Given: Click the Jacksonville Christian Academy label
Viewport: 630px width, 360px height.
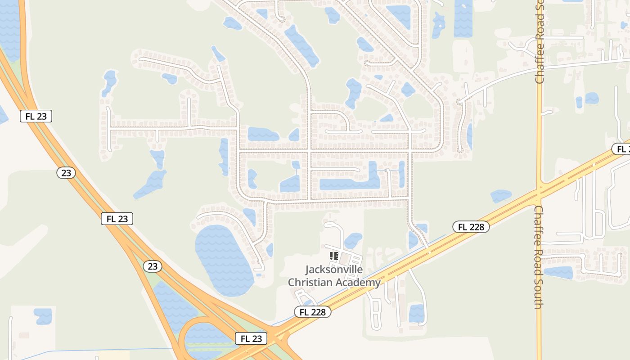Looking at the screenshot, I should point(334,276).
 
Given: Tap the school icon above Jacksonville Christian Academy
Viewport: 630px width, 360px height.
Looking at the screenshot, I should point(333,256).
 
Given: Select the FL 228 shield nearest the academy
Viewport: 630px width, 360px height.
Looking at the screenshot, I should point(313,311).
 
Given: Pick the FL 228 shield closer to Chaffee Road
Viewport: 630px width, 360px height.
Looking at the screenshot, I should point(471,227).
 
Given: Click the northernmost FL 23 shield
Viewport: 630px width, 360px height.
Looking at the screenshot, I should point(36,116).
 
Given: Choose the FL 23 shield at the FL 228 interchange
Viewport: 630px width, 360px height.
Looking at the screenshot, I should point(251,338).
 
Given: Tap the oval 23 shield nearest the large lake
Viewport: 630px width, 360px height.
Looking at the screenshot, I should point(153,266).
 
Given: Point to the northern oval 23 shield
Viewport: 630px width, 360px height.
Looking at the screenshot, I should point(66,173).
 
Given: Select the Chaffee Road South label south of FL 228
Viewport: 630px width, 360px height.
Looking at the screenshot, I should point(538,257).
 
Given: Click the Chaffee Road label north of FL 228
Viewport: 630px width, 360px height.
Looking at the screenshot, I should point(540,43).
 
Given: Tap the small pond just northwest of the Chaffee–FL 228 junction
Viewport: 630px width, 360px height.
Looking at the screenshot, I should point(501,196).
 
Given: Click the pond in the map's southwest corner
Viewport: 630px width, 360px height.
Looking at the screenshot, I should point(43,316).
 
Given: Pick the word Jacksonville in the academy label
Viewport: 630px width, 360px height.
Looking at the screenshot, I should point(334,270).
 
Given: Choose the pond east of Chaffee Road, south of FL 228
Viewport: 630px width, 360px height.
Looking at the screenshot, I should point(558,273).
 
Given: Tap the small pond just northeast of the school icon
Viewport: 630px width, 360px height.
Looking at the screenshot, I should point(353,240).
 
